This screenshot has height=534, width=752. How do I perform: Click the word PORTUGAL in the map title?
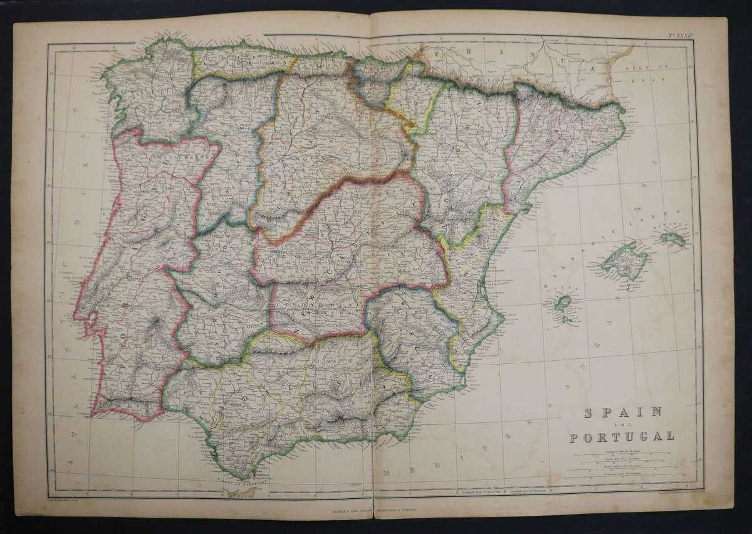[x=622, y=437]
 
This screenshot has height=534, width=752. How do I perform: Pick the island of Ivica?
[x=563, y=303]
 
